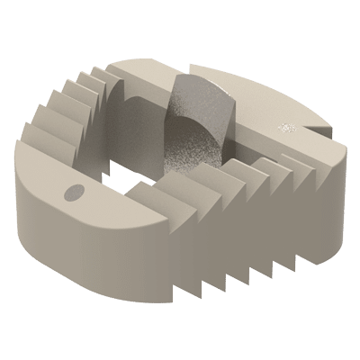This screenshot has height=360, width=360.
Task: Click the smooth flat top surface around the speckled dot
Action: [270, 117]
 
